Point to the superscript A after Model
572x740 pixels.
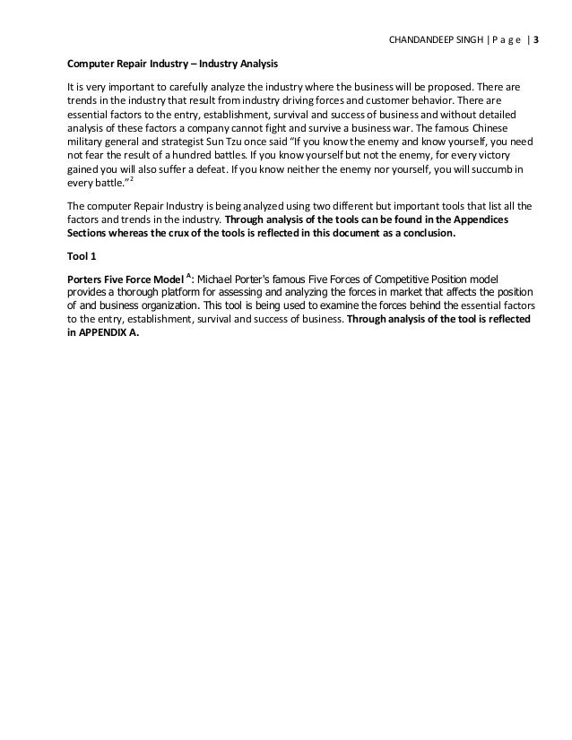(187, 275)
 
